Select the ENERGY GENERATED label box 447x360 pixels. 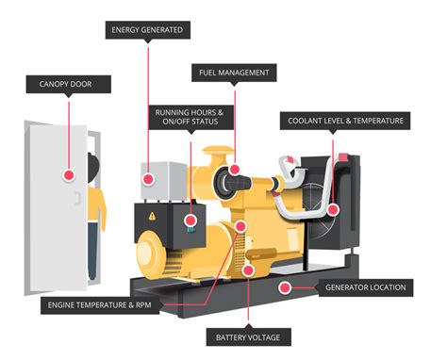click(x=147, y=30)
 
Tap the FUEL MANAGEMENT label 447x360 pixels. click(x=234, y=72)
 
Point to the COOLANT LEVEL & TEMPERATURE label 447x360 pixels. click(x=346, y=121)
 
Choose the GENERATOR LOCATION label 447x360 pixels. click(x=366, y=286)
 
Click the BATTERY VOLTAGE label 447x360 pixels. click(x=247, y=335)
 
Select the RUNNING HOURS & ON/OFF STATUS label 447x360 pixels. click(x=190, y=118)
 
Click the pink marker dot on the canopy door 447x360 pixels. click(x=69, y=174)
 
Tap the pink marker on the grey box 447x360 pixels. click(x=147, y=177)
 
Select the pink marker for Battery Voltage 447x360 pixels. click(x=248, y=270)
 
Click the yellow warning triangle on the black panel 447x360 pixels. click(x=152, y=215)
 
